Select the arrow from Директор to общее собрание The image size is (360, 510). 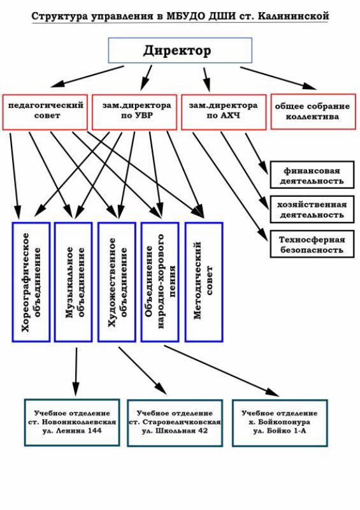(x=278, y=78)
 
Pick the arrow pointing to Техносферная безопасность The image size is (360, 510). (x=231, y=187)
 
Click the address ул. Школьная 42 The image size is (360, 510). (x=175, y=431)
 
